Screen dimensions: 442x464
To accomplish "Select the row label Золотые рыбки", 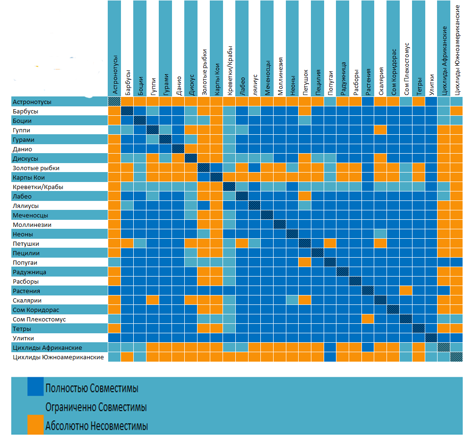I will click(x=36, y=168).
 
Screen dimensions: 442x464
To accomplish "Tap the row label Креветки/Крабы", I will click(x=38, y=187).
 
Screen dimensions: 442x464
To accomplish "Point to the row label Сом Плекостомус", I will click(x=39, y=319).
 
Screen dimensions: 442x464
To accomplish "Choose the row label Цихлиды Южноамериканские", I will click(x=58, y=357).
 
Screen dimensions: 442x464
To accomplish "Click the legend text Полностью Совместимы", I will click(x=92, y=389).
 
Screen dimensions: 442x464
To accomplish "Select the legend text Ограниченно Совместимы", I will click(x=95, y=407).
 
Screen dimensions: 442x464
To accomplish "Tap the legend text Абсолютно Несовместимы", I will click(x=96, y=426).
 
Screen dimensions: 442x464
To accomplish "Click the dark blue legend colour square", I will click(x=35, y=386).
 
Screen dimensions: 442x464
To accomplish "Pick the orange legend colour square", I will click(x=35, y=425).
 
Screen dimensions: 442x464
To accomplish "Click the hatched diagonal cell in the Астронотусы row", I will click(x=114, y=102).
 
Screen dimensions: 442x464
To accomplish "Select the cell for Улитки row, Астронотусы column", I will click(x=114, y=338).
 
